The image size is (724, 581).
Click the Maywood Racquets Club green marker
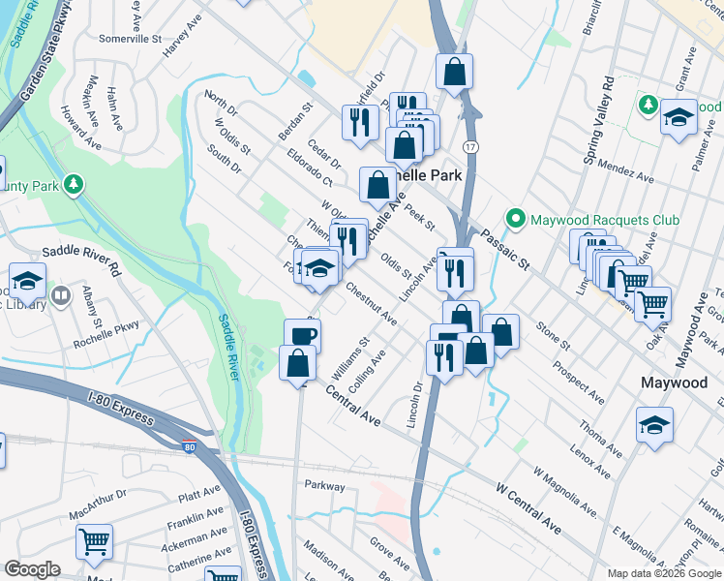pos(517,221)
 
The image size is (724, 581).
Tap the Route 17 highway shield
pos(468,146)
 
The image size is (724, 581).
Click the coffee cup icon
pos(302,335)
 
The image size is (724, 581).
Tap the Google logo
pos(32,569)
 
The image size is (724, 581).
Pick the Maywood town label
pos(674,382)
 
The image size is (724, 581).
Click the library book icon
pos(60,294)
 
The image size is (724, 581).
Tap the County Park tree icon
pos(74,185)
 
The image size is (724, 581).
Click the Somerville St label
pos(130,40)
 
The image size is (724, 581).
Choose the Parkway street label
pos(324,485)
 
